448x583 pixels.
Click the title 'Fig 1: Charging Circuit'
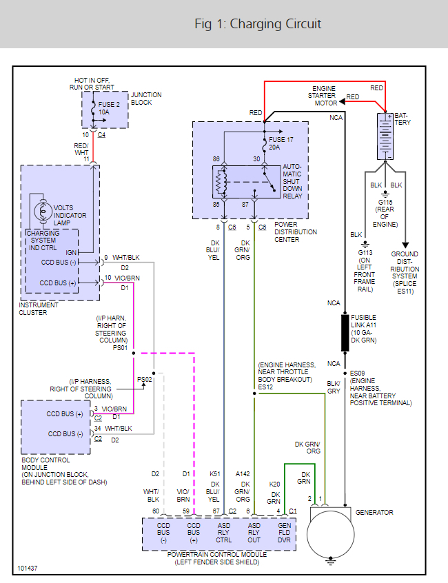pyautogui.click(x=258, y=24)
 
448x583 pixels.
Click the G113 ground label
pyautogui.click(x=365, y=252)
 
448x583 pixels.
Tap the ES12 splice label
pyautogui.click(x=266, y=387)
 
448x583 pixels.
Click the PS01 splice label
pyautogui.click(x=119, y=347)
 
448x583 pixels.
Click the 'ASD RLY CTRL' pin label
pyautogui.click(x=224, y=532)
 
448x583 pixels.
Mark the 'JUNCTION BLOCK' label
pyautogui.click(x=141, y=99)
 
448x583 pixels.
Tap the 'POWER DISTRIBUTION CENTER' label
pyautogui.click(x=296, y=232)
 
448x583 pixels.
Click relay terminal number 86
pyautogui.click(x=216, y=159)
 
